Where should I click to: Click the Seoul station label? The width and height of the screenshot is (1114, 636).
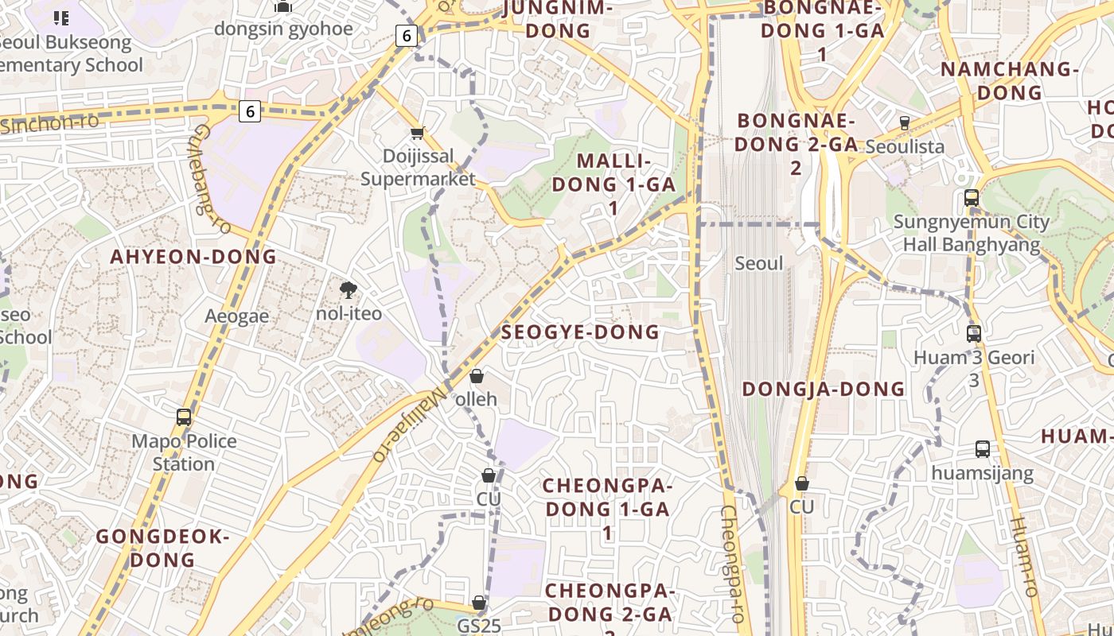(759, 263)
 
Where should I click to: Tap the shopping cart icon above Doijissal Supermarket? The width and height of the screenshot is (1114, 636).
(417, 133)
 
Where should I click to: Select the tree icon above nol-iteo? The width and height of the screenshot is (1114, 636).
(348, 290)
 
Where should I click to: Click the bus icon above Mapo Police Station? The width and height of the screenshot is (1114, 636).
(184, 417)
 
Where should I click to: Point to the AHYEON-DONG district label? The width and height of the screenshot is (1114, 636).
(193, 257)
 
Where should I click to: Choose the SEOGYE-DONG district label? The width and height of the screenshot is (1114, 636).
(580, 332)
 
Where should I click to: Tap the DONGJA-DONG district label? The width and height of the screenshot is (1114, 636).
(824, 389)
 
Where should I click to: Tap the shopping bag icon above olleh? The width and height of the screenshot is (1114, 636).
(477, 376)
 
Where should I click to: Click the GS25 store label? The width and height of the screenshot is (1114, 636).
(479, 626)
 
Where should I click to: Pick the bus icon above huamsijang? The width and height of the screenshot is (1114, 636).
(983, 449)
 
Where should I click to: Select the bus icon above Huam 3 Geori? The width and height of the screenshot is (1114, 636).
(974, 334)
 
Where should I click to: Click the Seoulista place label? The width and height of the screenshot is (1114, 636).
(905, 146)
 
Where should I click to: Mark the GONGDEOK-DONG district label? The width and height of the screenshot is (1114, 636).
(162, 548)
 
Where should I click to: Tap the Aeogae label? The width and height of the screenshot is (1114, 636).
(237, 316)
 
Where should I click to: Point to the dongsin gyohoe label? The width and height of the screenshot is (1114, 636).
(283, 29)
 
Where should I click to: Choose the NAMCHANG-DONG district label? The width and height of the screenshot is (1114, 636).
(1010, 80)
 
